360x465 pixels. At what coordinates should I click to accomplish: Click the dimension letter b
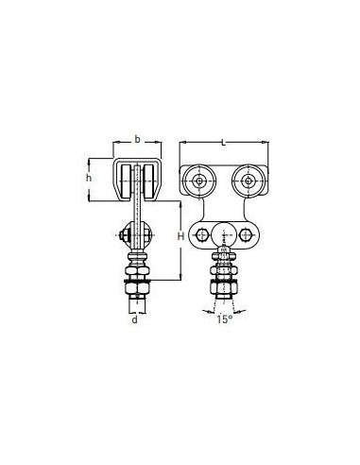tap(137, 139)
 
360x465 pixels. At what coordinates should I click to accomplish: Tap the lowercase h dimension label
tap(89, 178)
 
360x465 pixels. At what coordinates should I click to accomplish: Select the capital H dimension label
tap(180, 236)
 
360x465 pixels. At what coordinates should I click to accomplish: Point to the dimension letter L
tap(223, 143)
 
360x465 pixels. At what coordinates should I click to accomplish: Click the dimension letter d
tap(135, 319)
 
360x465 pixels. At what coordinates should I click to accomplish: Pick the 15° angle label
tap(224, 319)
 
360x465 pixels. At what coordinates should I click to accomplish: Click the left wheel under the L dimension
tap(199, 181)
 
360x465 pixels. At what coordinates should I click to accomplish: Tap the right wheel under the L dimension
tap(249, 181)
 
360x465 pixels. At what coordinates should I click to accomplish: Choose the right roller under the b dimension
tap(148, 181)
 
